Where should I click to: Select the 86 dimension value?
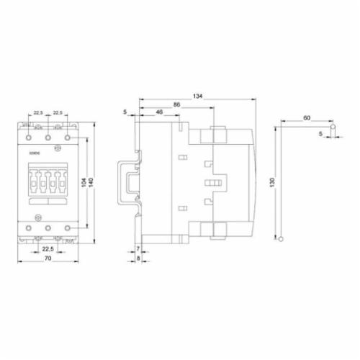[176, 105]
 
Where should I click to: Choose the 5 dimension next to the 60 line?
[322, 133]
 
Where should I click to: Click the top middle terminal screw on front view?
[48, 135]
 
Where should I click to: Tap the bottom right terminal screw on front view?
[68, 228]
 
